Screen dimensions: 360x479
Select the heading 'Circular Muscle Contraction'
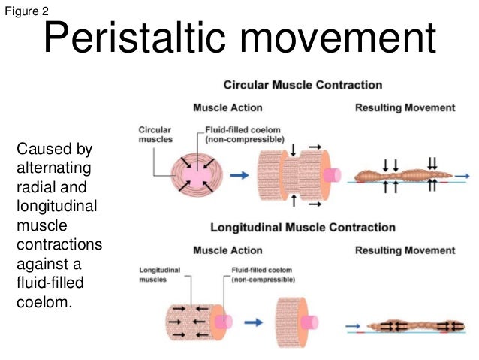pyautogui.click(x=303, y=85)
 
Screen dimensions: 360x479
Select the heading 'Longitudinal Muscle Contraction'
pyautogui.click(x=303, y=227)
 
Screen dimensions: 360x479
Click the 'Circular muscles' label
pyautogui.click(x=154, y=134)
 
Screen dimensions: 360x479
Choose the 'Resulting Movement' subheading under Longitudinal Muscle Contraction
pyautogui.click(x=405, y=250)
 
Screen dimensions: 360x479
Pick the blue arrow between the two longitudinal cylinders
pyautogui.click(x=255, y=322)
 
